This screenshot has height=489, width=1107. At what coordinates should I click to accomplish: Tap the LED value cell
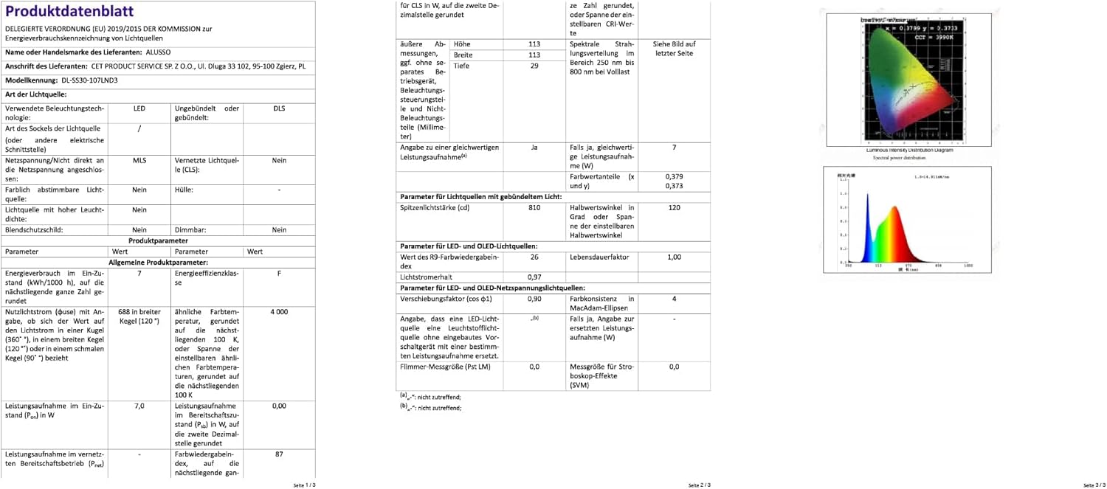(139, 108)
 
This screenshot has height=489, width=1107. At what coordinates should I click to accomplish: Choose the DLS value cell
(279, 108)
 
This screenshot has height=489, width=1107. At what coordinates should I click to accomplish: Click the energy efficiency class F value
(279, 273)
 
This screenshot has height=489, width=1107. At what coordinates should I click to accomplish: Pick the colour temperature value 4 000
(279, 312)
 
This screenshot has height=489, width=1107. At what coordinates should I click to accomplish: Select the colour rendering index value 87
(279, 454)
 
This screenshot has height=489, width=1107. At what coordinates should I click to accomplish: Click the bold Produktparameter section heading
(158, 240)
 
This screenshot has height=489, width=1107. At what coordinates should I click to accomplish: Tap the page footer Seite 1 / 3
(304, 485)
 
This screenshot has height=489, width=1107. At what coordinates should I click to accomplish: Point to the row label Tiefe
(462, 66)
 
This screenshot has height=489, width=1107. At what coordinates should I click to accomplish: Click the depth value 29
(534, 66)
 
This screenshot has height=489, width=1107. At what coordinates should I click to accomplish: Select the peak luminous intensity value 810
(534, 208)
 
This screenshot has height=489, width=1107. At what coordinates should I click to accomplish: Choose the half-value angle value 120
(674, 208)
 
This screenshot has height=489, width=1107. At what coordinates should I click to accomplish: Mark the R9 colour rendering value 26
(534, 257)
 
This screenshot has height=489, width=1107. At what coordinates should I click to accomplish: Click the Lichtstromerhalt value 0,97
(534, 277)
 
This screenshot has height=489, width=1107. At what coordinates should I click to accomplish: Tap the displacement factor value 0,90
(534, 299)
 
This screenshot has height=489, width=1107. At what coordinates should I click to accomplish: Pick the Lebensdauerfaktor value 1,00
(674, 257)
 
